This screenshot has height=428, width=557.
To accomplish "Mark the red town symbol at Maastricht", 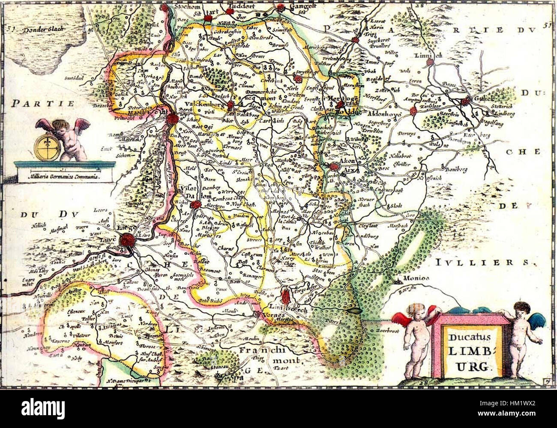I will (x=173, y=119).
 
